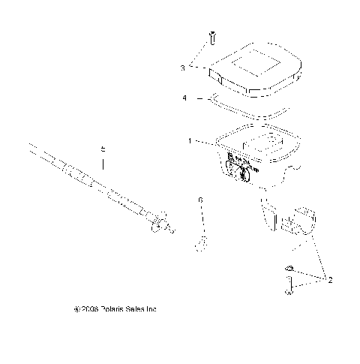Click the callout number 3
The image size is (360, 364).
(x=182, y=68)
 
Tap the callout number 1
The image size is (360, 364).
(x=190, y=140)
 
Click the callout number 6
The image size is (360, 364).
(x=200, y=201)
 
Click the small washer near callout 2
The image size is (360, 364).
(x=289, y=269)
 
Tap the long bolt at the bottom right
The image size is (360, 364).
(x=288, y=285)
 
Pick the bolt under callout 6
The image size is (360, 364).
(x=202, y=239)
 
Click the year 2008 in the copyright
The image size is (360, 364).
(x=109, y=308)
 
